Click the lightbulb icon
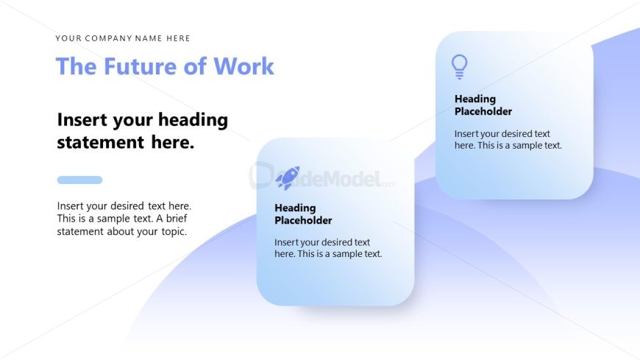coord(460,66)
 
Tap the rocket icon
coord(288,177)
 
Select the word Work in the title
coord(243,66)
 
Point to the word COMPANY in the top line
coord(108,38)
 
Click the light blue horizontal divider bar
coord(79,180)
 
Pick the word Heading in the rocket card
coord(295,208)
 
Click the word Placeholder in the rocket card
coord(303,221)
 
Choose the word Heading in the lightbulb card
coord(475,99)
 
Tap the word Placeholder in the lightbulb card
coord(483,112)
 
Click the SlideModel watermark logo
coord(324,177)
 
